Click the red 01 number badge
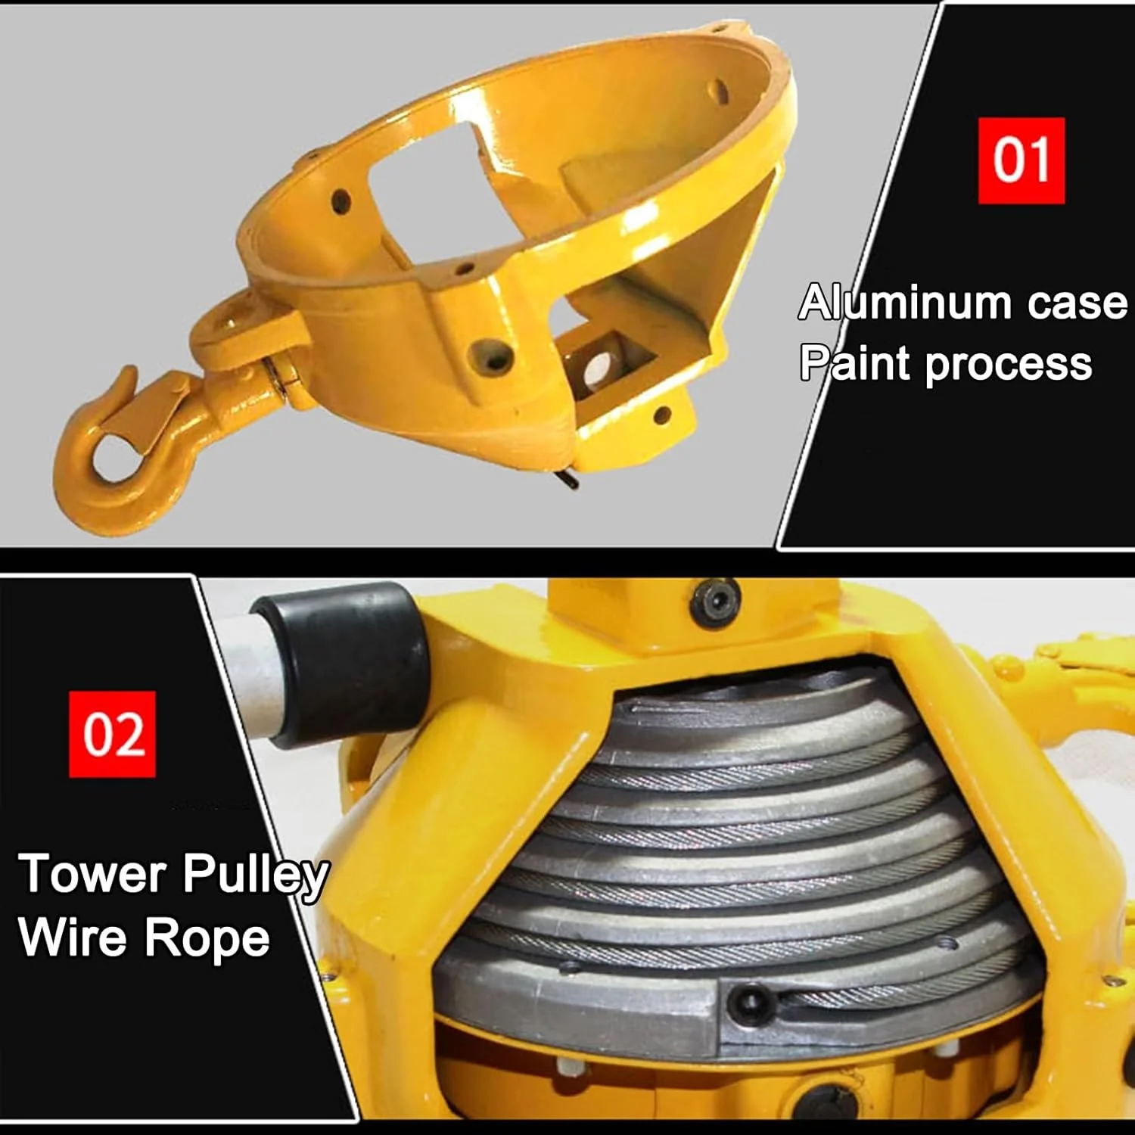pyautogui.click(x=1022, y=160)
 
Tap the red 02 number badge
pyautogui.click(x=112, y=734)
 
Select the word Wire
pyautogui.click(x=73, y=937)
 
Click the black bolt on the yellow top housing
pyautogui.click(x=715, y=602)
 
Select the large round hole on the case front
pyautogui.click(x=491, y=356)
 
